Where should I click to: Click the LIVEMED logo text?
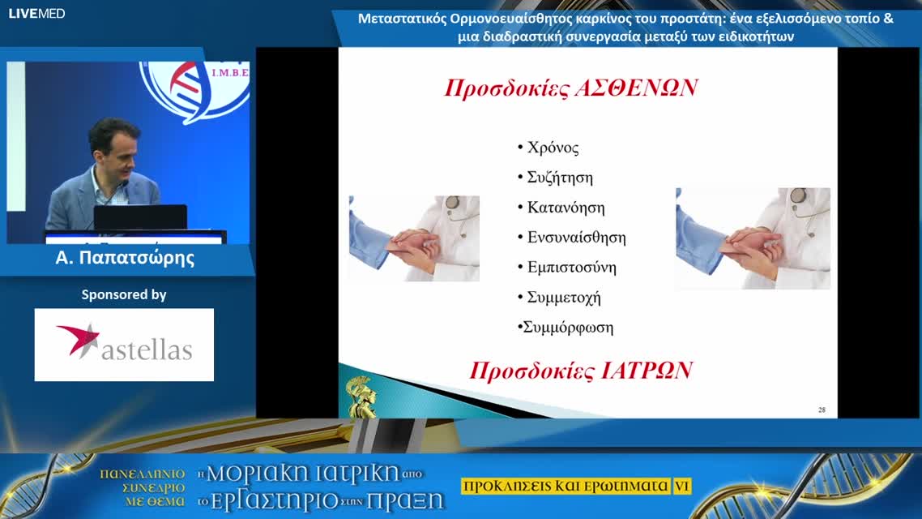pyautogui.click(x=36, y=13)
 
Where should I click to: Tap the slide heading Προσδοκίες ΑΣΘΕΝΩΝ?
pyautogui.click(x=570, y=88)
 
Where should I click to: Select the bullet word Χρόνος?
pyautogui.click(x=553, y=148)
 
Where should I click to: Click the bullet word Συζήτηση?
pyautogui.click(x=560, y=178)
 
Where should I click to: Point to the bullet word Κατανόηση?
pyautogui.click(x=566, y=208)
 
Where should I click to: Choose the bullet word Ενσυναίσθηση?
pyautogui.click(x=576, y=238)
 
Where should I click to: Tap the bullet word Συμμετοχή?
pyautogui.click(x=563, y=298)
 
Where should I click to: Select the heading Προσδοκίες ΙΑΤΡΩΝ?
pyautogui.click(x=581, y=371)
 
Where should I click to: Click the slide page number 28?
pyautogui.click(x=822, y=410)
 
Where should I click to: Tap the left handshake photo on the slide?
pyautogui.click(x=414, y=238)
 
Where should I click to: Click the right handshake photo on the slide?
pyautogui.click(x=753, y=238)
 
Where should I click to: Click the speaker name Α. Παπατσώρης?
pyautogui.click(x=125, y=259)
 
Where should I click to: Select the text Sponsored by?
pyautogui.click(x=124, y=295)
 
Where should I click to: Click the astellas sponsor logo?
pyautogui.click(x=124, y=344)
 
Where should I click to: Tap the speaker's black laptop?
pyautogui.click(x=140, y=217)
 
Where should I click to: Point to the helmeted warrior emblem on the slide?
pyautogui.click(x=361, y=397)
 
